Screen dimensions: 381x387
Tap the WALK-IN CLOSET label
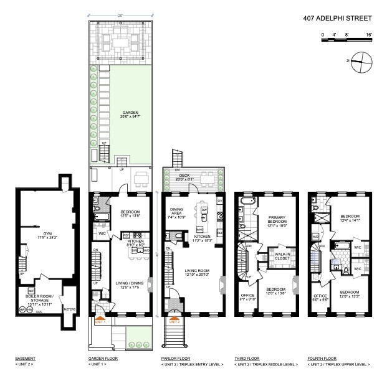pos(278,256)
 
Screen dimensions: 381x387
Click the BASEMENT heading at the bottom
pos(26,359)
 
